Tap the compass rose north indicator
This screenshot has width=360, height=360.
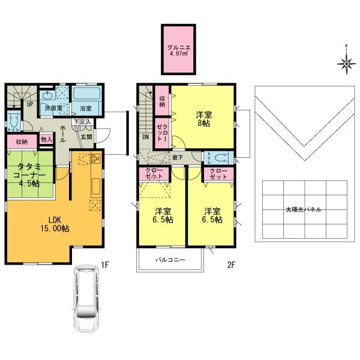pyautogui.click(x=346, y=61)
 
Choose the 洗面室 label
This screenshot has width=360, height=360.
pyautogui.click(x=52, y=109)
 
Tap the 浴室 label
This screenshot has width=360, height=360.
pyautogui.click(x=85, y=109)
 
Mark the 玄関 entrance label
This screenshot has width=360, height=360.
pyautogui.click(x=87, y=137)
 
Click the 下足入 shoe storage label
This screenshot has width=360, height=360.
pyautogui.click(x=82, y=122)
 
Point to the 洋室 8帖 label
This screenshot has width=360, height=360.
pyautogui.click(x=204, y=119)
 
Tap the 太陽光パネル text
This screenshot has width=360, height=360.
pyautogui.click(x=303, y=210)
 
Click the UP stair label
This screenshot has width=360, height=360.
pyautogui.click(x=28, y=103)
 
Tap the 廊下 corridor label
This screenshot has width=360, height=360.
pyautogui.click(x=178, y=157)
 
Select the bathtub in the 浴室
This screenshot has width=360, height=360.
pyautogui.click(x=86, y=95)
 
